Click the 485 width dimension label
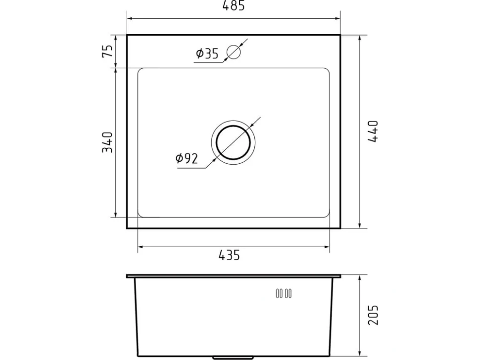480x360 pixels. pos(234,5)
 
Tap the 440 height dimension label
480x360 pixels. pos(373,131)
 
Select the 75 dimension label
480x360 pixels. pos(107,51)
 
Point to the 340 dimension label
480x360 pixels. pos(107,142)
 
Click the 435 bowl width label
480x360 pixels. pos(229,255)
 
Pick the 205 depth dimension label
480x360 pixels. pos(373,315)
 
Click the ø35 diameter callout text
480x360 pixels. pos(207,53)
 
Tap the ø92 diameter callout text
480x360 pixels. pos(187,158)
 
